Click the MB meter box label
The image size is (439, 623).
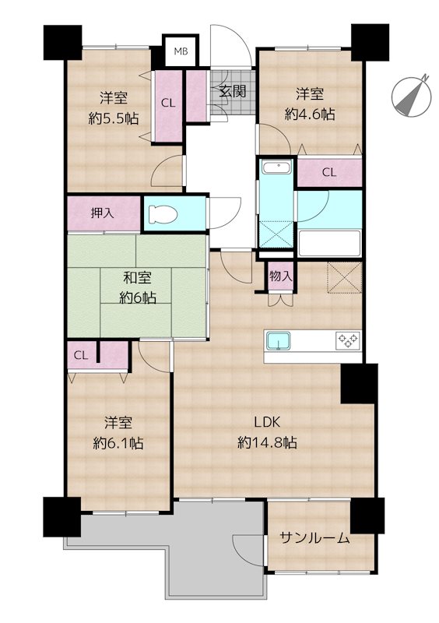click(x=181, y=51)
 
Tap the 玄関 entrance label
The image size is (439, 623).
click(x=233, y=91)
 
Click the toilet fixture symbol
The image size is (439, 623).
click(x=163, y=215)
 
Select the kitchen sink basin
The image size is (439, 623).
click(x=279, y=341)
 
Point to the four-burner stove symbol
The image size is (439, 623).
click(x=348, y=340)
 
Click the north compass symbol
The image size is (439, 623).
click(x=412, y=96)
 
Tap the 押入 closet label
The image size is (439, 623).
click(x=103, y=213)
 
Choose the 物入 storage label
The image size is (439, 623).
click(x=281, y=276)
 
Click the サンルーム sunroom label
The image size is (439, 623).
click(x=314, y=538)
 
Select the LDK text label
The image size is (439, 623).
click(x=268, y=422)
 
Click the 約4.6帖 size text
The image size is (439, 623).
click(x=310, y=114)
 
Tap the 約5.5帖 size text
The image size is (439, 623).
click(x=114, y=118)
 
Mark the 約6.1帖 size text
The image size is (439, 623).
click(x=118, y=443)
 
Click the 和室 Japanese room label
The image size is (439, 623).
click(x=138, y=278)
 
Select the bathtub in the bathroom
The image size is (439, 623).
click(x=329, y=243)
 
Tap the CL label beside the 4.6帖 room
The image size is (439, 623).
click(x=329, y=172)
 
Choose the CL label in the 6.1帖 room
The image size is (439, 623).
click(x=81, y=355)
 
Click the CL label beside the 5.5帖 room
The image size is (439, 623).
click(x=168, y=103)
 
